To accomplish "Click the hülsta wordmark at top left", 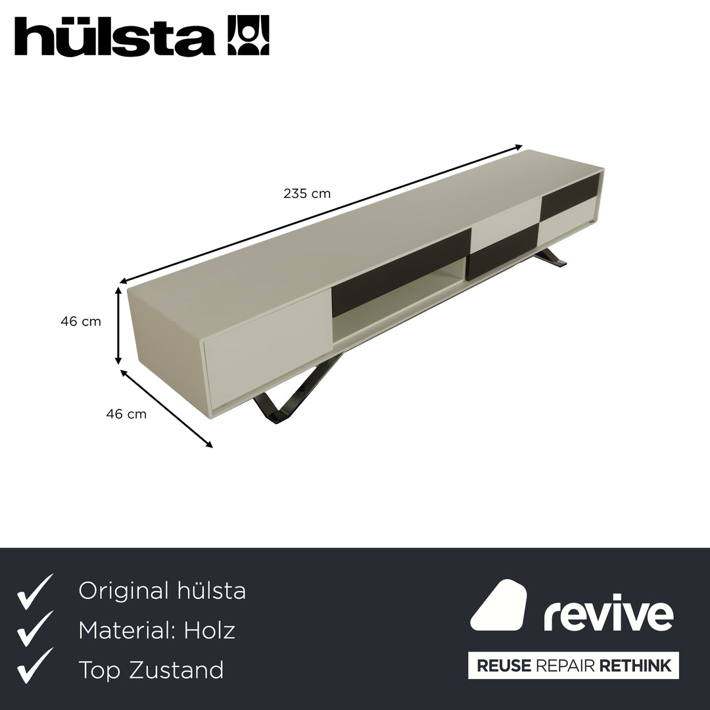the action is pyautogui.click(x=114, y=36).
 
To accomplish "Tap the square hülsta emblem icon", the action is pyautogui.click(x=248, y=35).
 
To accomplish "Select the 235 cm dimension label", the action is pyautogui.click(x=307, y=194).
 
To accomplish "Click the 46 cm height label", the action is pyautogui.click(x=81, y=321).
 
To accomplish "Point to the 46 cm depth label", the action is pyautogui.click(x=126, y=414).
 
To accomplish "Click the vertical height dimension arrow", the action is pyautogui.click(x=118, y=325).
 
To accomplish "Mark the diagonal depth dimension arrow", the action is pyautogui.click(x=166, y=408).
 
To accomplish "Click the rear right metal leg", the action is pyautogui.click(x=550, y=258).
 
